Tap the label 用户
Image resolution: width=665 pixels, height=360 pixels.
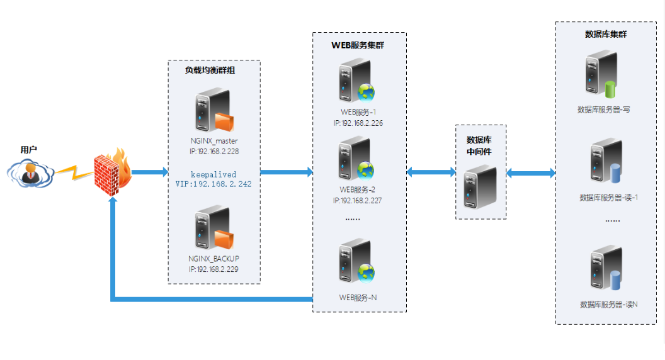coord(29,150)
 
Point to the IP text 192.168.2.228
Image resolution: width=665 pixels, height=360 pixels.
coord(214,151)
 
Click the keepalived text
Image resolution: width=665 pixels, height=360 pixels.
coord(214,174)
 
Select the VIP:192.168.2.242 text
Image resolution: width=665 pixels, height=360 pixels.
coord(213,184)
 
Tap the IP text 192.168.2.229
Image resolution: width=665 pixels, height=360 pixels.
coord(214,269)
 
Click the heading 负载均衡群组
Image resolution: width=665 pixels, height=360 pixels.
coord(210,70)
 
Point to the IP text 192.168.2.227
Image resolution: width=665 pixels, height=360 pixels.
coord(358,200)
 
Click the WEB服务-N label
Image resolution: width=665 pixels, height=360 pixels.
coord(358,297)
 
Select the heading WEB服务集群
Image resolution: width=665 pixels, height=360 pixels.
coord(358,45)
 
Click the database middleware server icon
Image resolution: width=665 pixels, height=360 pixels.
coord(480,186)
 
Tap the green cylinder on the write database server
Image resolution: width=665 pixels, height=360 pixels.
coord(610,89)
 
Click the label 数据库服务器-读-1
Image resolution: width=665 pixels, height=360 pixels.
coord(609,198)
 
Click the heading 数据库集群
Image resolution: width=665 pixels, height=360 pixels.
coord(606,34)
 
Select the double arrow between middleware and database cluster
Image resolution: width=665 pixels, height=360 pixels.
coord(531,172)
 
